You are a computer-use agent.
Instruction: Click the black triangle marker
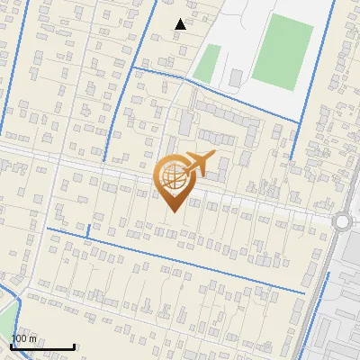coord(181,24)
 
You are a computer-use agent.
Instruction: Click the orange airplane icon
coord(199,164)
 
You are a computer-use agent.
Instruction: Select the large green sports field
coord(283,52)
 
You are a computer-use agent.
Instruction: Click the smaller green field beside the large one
coord(208,63)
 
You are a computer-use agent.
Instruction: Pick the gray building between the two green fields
coord(237,78)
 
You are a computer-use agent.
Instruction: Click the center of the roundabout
coord(343,221)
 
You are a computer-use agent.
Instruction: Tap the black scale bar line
coord(42,346)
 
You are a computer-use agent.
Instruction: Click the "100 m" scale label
coord(24,338)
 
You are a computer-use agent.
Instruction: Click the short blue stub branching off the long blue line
coord(88,232)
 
